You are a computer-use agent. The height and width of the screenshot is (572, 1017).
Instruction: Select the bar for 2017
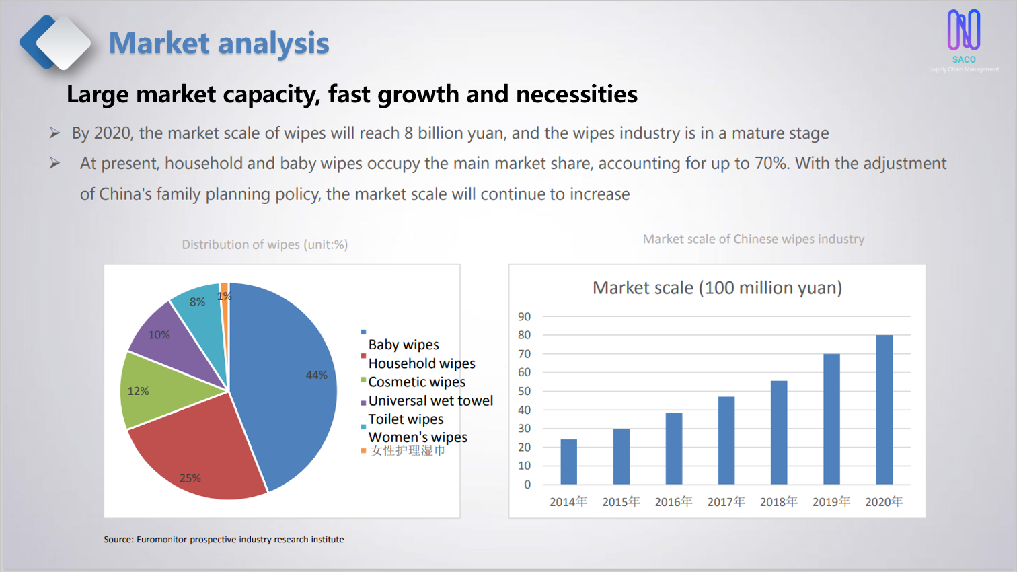pos(726,440)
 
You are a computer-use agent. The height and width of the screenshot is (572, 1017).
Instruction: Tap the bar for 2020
pos(884,410)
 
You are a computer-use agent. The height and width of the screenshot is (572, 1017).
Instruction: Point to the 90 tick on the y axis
pos(524,316)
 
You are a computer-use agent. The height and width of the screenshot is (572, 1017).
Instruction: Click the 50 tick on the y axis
pos(524,391)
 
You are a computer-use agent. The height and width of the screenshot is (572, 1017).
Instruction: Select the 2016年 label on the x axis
pos(673,502)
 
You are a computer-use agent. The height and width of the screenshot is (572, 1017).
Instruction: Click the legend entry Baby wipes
pos(404,345)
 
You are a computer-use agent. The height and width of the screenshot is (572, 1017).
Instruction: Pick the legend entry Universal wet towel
pos(430,400)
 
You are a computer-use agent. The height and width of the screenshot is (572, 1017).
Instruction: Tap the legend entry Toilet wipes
pos(406,419)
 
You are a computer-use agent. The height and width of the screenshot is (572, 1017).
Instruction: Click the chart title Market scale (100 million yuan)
pos(717,288)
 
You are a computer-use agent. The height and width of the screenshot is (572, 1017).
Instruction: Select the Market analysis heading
pos(219,43)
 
